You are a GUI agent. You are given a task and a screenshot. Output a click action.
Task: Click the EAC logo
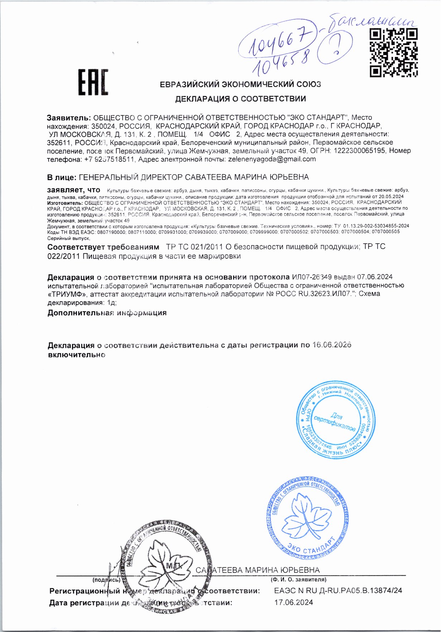93,83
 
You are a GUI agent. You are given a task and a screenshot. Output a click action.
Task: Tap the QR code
394,53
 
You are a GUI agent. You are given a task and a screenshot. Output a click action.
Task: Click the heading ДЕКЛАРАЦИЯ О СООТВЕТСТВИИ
240,99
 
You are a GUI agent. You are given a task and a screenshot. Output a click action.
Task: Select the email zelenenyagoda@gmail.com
272,159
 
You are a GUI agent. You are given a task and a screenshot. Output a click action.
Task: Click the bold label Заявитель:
69,117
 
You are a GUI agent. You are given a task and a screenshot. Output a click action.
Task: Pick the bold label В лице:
62,177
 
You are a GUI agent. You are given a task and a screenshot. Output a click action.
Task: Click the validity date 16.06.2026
331,345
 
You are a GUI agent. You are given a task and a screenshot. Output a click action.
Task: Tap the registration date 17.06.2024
293,602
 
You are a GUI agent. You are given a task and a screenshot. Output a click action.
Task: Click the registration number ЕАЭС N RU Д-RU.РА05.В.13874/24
338,591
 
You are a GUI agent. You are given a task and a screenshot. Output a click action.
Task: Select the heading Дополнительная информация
107,313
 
